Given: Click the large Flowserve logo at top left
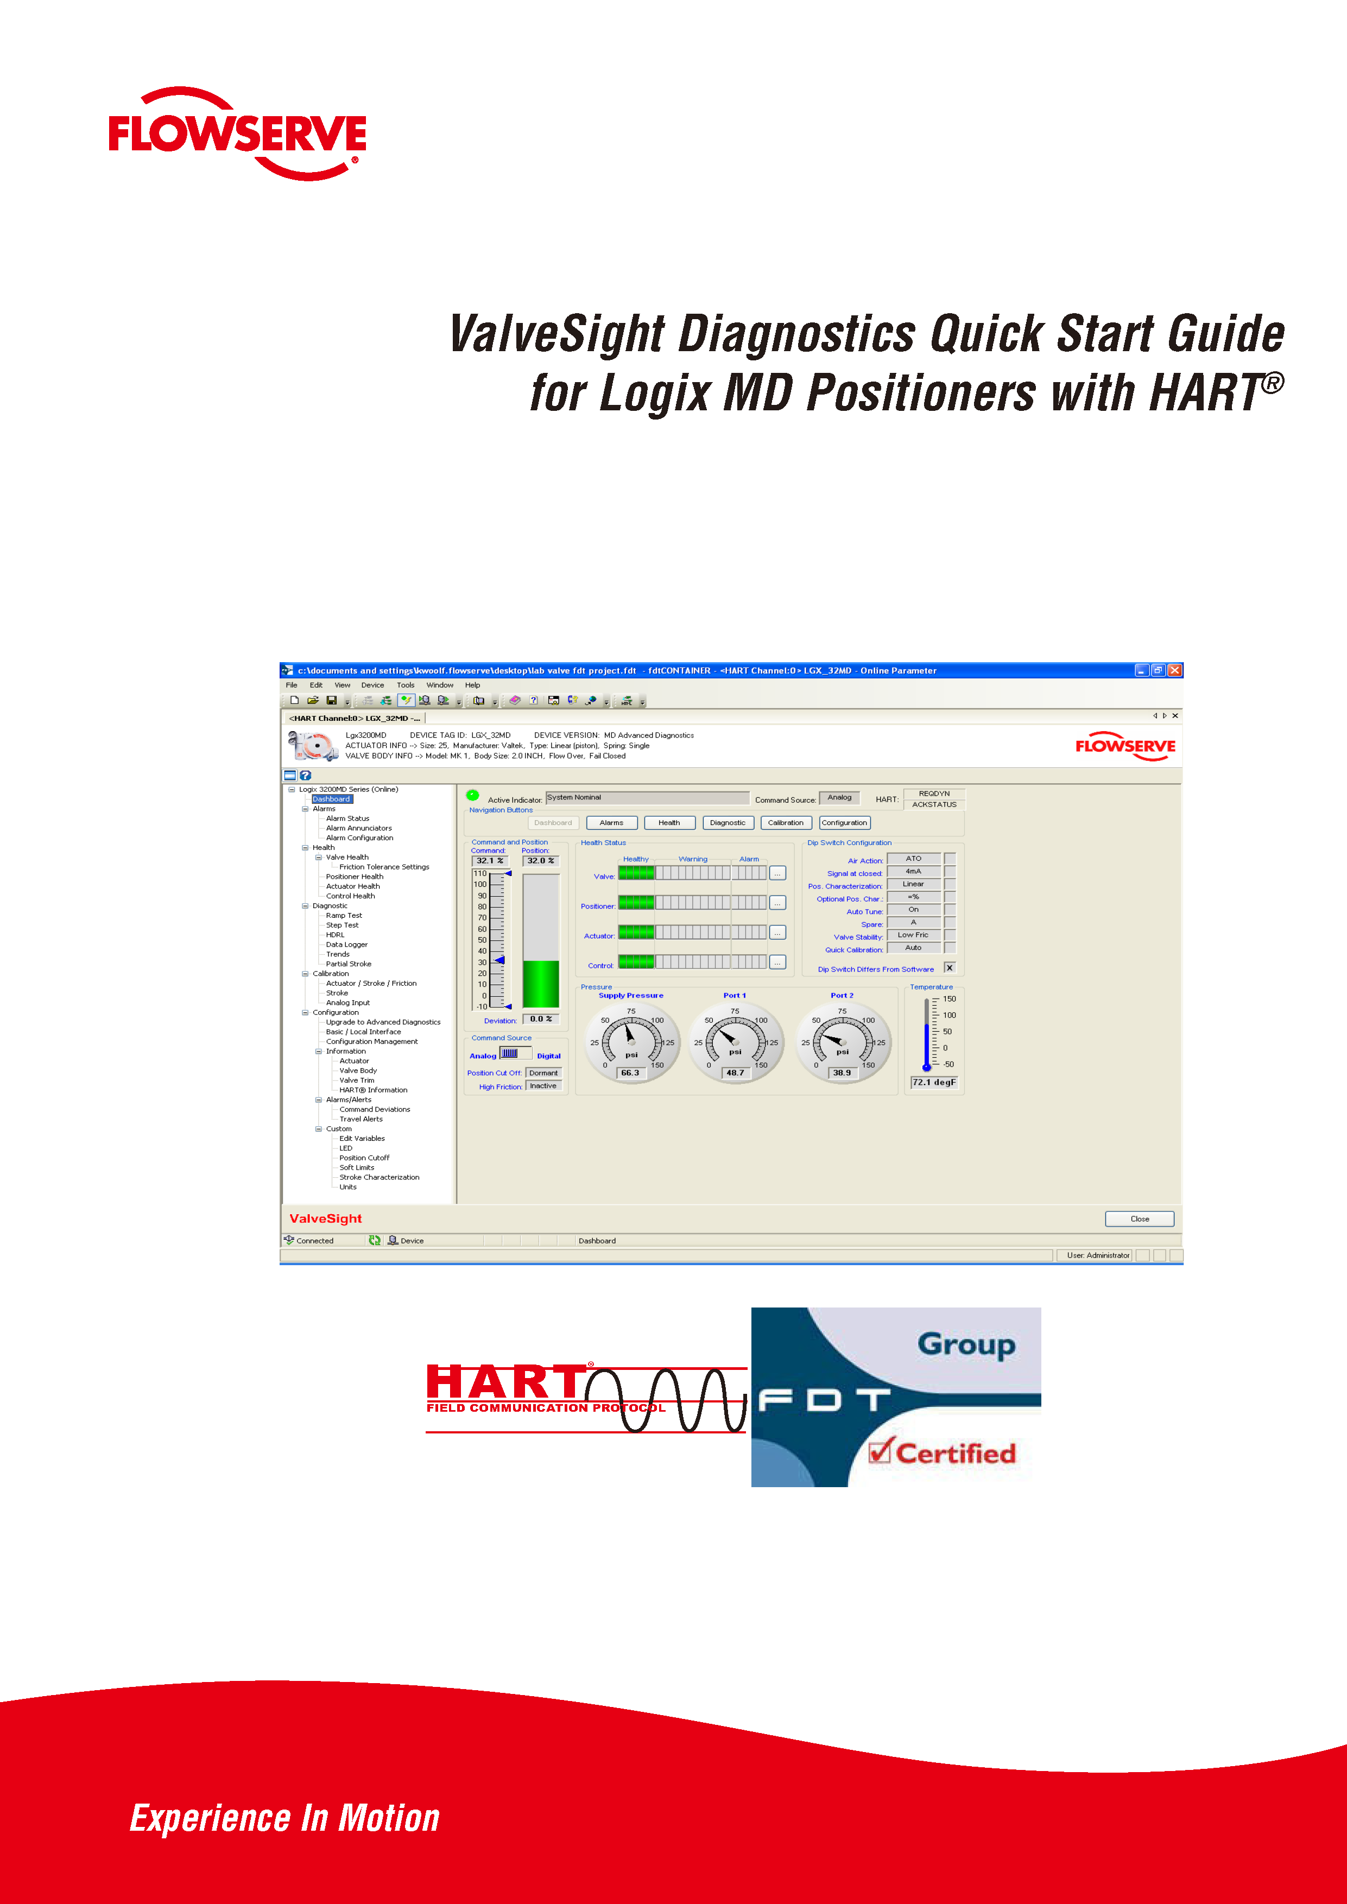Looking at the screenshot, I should pyautogui.click(x=237, y=135).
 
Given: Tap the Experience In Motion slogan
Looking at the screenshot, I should pyautogui.click(x=284, y=1817).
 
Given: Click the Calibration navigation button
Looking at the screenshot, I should pyautogui.click(x=786, y=823).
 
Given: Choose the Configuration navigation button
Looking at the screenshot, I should pyautogui.click(x=844, y=823).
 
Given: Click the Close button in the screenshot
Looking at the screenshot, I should pyautogui.click(x=1139, y=1218).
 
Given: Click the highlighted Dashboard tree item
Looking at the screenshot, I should pyautogui.click(x=331, y=798).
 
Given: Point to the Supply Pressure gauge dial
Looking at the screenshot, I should pyautogui.click(x=631, y=1040).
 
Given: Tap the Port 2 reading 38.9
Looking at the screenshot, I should pyautogui.click(x=842, y=1072).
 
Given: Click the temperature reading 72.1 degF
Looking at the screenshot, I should pyautogui.click(x=934, y=1082).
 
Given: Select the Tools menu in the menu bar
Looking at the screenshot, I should pyautogui.click(x=405, y=685).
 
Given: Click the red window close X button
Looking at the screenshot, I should pyautogui.click(x=1174, y=670).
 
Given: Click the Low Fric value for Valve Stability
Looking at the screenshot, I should pyautogui.click(x=913, y=935).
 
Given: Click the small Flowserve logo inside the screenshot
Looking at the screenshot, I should pyautogui.click(x=1125, y=746).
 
